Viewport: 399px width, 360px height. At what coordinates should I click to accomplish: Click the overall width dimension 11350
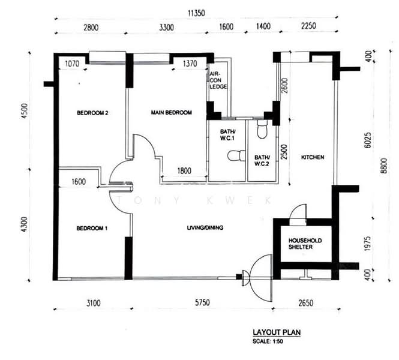click(196, 13)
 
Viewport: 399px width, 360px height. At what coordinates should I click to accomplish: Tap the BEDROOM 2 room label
click(92, 113)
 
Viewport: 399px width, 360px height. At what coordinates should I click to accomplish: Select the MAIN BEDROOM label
click(171, 112)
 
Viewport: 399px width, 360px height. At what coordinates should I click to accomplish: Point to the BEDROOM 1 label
click(92, 228)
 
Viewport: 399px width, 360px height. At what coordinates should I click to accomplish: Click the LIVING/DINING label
click(205, 228)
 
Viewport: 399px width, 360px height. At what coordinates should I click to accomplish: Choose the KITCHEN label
click(313, 157)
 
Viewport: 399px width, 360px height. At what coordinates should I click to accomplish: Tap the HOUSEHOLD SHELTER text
click(305, 244)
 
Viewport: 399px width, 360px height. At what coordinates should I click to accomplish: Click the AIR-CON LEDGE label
click(218, 80)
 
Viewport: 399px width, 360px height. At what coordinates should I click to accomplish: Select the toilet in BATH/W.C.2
click(262, 129)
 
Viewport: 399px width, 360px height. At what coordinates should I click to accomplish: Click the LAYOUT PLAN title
click(277, 332)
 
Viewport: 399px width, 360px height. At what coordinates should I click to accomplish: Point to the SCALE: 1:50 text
click(268, 341)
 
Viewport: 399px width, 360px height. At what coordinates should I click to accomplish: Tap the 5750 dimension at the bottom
click(202, 303)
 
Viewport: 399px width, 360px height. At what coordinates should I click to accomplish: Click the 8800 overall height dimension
click(384, 166)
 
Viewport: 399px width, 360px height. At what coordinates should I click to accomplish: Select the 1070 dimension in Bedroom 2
click(72, 64)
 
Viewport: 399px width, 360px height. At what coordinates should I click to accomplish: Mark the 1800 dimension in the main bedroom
click(184, 170)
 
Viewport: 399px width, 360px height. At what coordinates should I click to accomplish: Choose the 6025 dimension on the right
click(367, 140)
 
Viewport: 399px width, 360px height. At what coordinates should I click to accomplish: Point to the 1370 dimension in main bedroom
click(190, 64)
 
